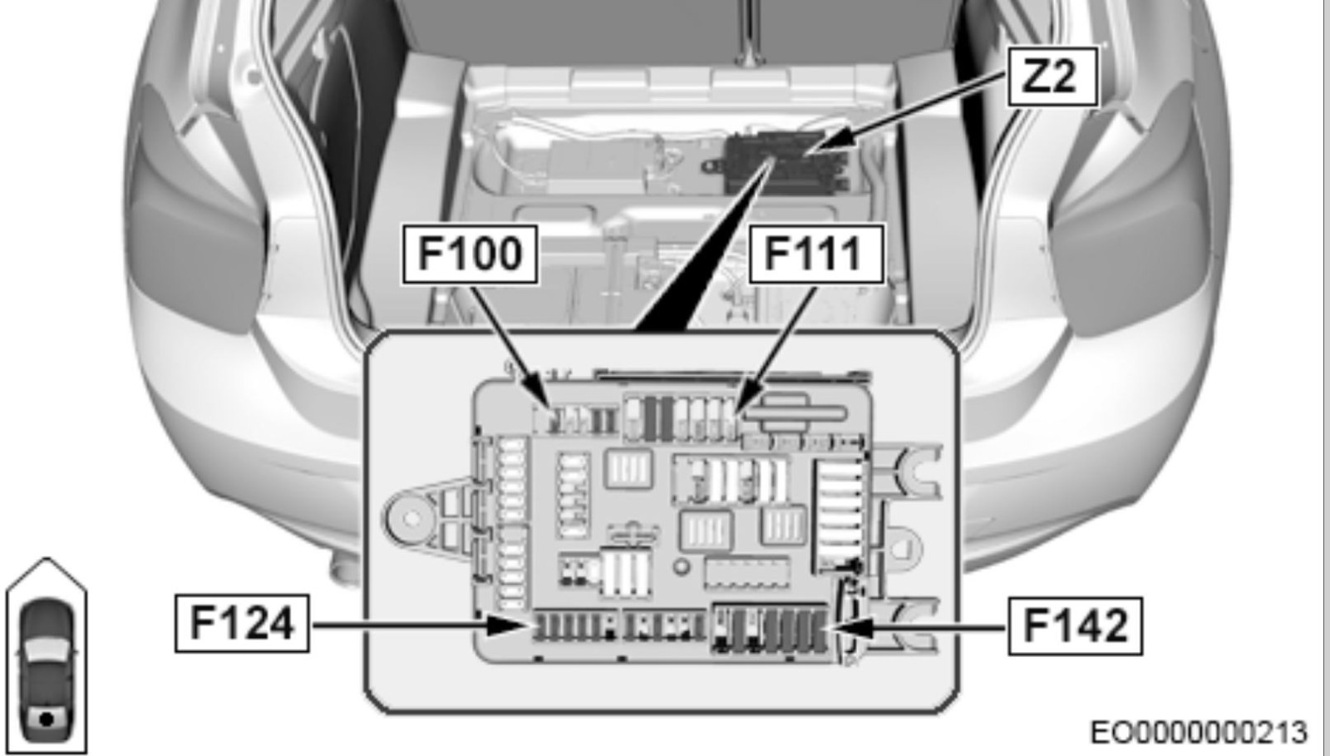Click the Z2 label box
[x=1052, y=77]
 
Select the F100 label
[x=470, y=254]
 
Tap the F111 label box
[x=816, y=254]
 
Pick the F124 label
[x=242, y=624]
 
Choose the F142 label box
[x=1076, y=626]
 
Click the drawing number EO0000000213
[x=1199, y=732]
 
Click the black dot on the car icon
[x=47, y=719]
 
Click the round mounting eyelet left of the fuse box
[x=411, y=518]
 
